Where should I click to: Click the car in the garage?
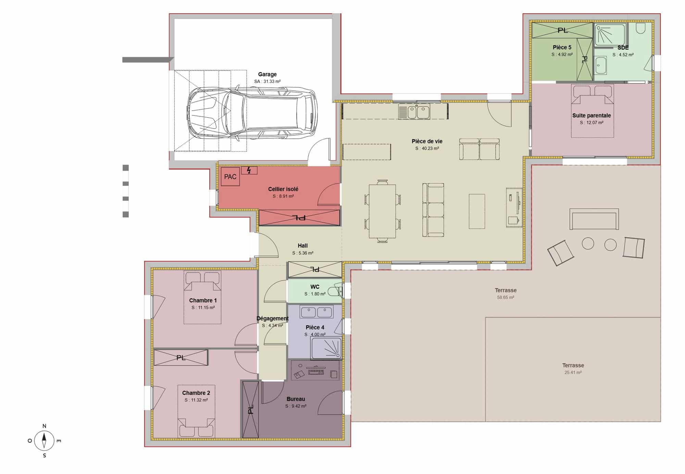coord(252,113)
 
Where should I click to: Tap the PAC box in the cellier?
coord(230,177)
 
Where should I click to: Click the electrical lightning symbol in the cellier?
coord(249,170)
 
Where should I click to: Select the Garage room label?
coord(267,74)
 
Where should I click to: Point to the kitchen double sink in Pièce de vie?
coord(414,112)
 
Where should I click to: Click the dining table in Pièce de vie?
coord(382,211)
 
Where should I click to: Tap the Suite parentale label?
coord(591,115)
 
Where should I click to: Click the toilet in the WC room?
coord(335,291)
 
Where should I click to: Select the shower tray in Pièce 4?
coord(326,348)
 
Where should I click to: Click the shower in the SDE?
coord(610,35)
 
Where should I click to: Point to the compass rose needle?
coord(44,441)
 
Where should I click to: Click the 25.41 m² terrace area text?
coord(573,373)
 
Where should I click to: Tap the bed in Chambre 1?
coord(202,297)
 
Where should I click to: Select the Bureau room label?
coord(296,399)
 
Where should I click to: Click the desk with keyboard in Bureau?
coord(315,370)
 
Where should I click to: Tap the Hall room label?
coord(302,246)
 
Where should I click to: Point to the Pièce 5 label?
coord(562,47)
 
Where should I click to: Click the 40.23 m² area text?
coord(427,148)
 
